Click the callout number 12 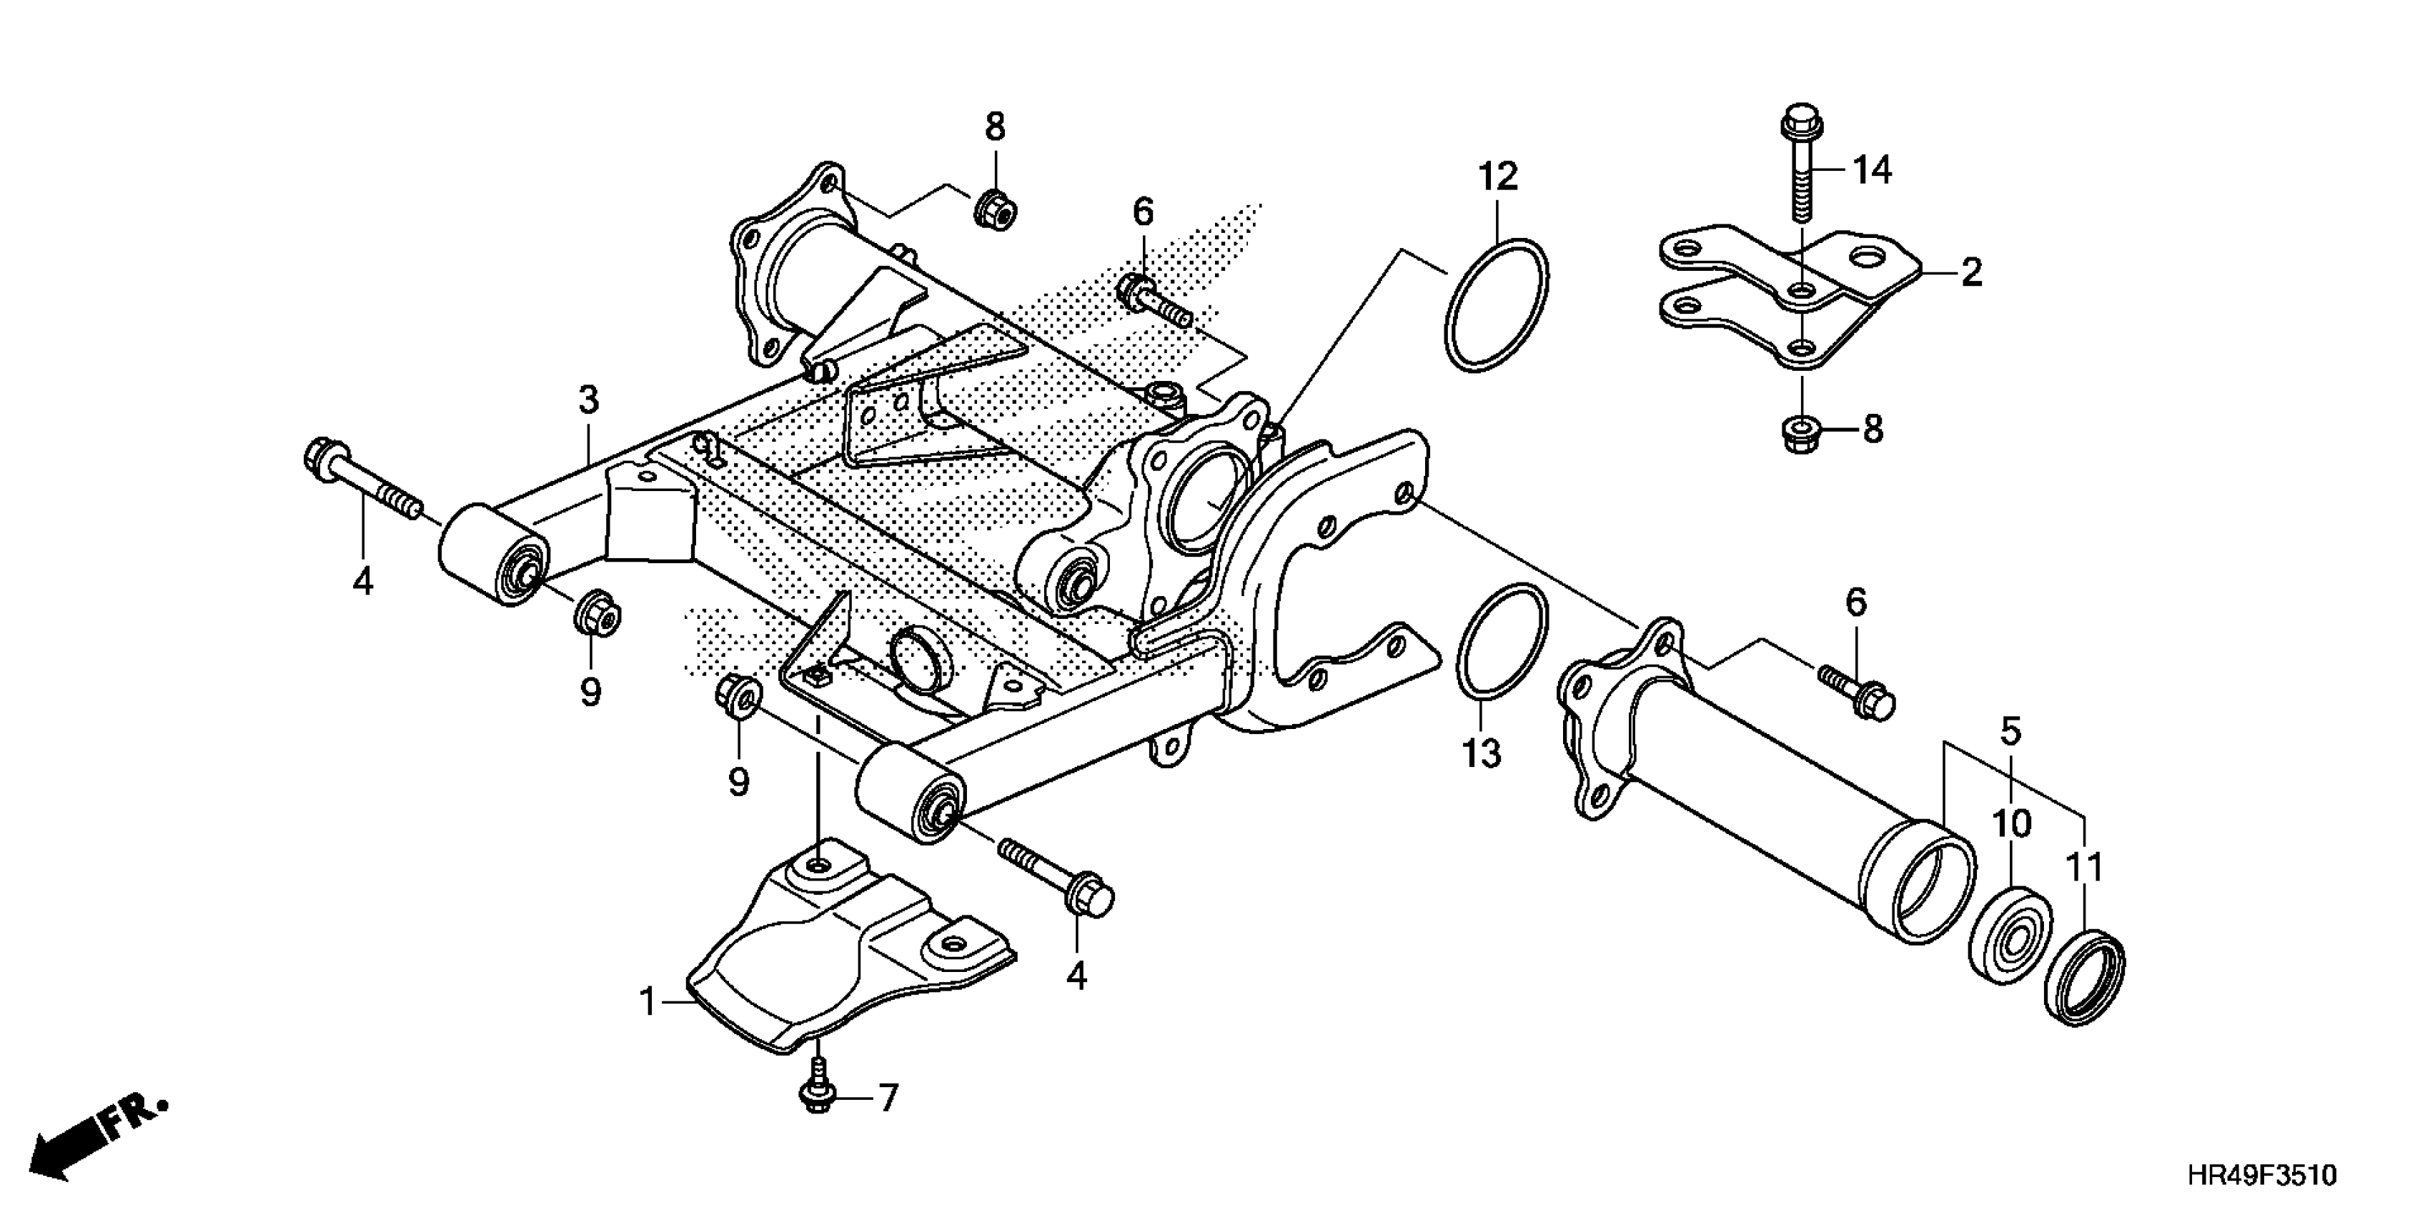pos(1498,177)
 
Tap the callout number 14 pos(1872,171)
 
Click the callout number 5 pos(2011,731)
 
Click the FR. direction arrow pos(94,1144)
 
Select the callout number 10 pos(2011,825)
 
